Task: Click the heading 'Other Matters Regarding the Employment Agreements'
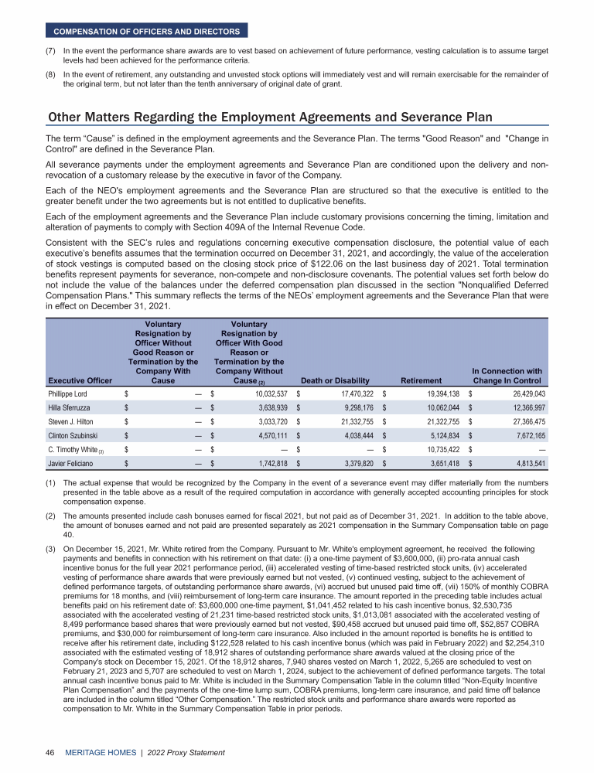[x=270, y=117]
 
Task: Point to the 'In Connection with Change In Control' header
[x=506, y=375]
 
